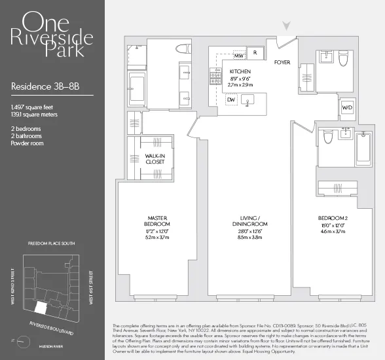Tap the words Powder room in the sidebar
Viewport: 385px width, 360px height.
27,143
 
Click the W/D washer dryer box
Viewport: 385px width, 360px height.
346,107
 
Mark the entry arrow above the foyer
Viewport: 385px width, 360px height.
285,26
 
